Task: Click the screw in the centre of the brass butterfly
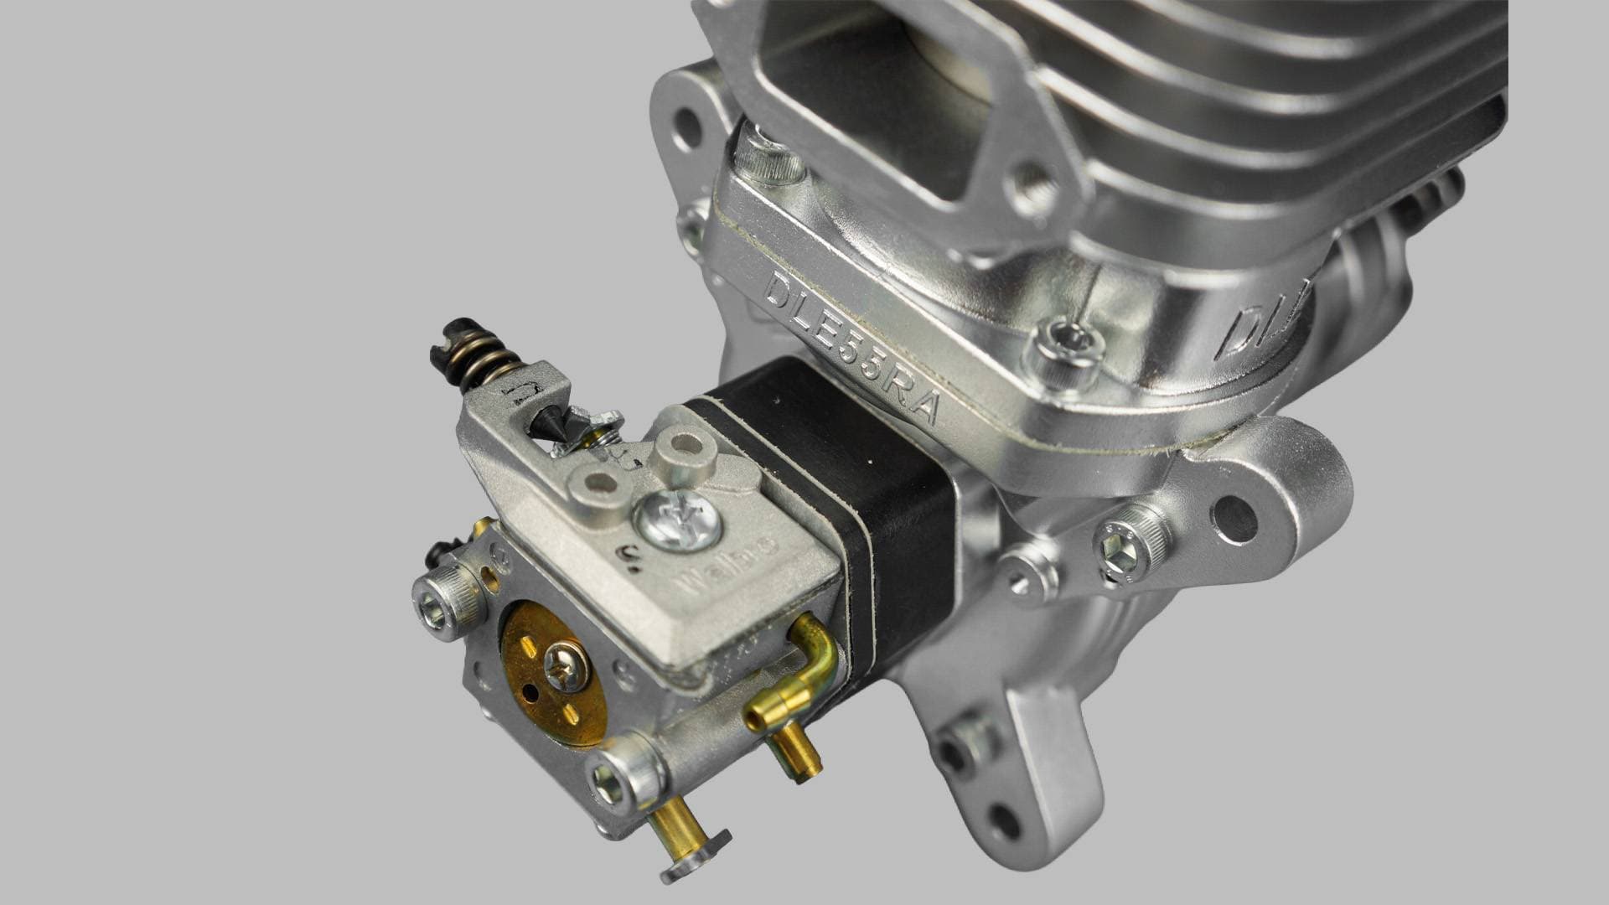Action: [x=566, y=668]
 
